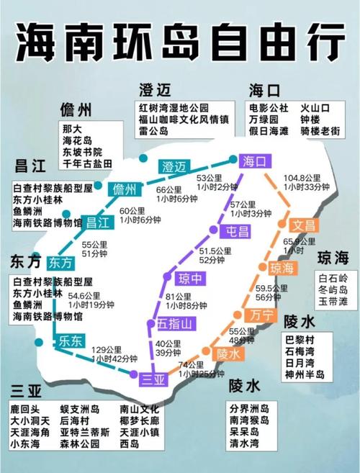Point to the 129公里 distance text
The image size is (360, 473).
[107, 349]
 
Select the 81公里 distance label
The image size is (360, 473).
[178, 296]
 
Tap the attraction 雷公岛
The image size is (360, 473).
[154, 131]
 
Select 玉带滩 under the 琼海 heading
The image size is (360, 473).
[333, 302]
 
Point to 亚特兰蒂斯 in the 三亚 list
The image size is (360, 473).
[85, 433]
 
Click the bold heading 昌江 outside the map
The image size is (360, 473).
[30, 166]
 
